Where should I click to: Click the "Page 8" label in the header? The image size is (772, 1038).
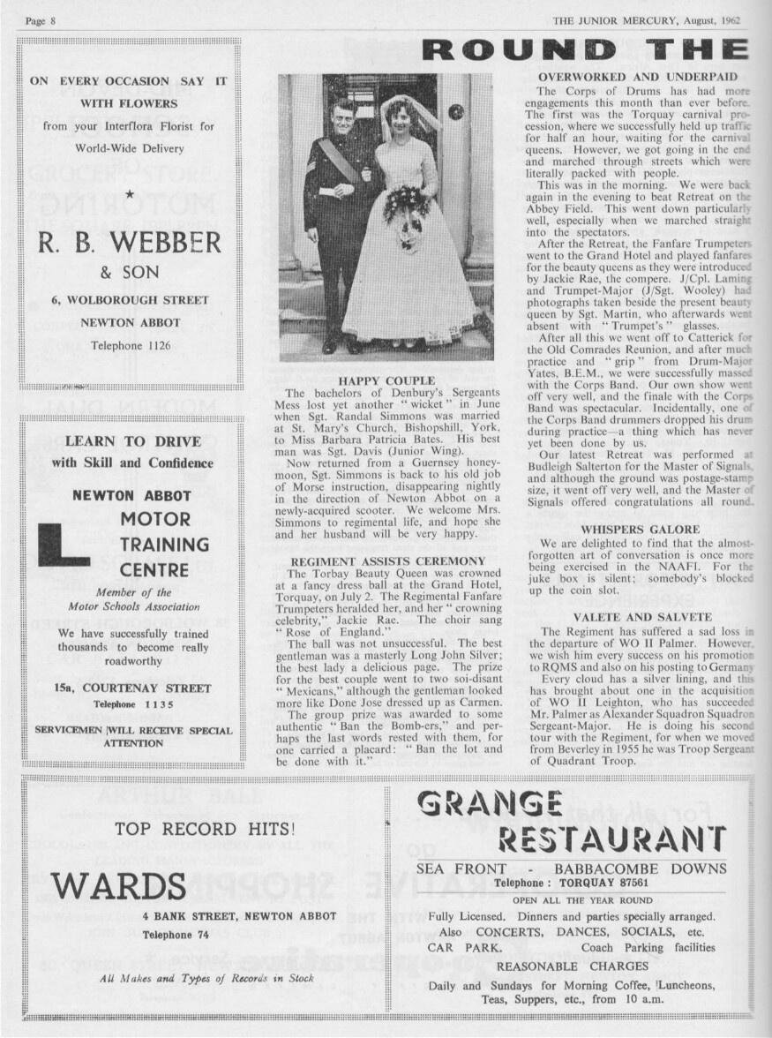[41, 19]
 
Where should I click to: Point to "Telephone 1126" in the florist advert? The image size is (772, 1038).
[129, 345]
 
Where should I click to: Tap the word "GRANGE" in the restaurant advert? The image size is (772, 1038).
[489, 804]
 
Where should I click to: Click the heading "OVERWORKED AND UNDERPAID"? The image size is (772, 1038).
[637, 78]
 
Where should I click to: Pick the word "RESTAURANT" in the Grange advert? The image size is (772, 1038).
[612, 839]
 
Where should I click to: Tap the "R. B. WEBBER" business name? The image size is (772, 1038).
[129, 241]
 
